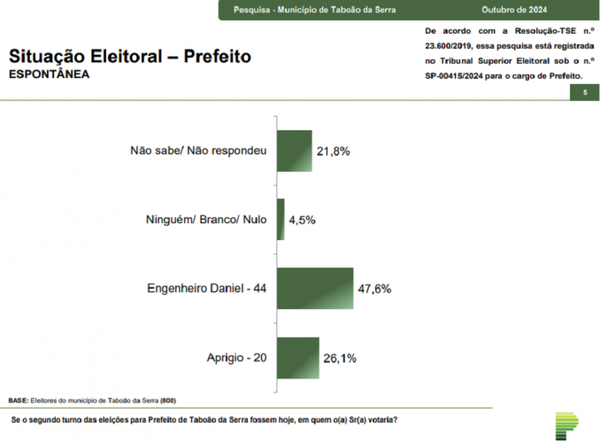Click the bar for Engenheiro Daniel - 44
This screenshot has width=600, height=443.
315,288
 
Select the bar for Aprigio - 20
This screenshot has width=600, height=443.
298,358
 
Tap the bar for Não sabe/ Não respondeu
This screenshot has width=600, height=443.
295,151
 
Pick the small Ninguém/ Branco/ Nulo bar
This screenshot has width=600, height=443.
281,220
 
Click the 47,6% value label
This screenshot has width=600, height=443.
374,289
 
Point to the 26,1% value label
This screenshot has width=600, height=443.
339,359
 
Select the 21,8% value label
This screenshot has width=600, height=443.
334,152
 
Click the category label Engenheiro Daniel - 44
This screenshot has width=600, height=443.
206,289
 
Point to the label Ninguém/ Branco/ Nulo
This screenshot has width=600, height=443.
205,220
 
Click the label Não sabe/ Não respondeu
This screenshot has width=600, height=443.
197,151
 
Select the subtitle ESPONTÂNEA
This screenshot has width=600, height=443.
49,74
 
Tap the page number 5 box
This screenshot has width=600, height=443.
585,92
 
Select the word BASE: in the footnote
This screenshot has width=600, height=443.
19,400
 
